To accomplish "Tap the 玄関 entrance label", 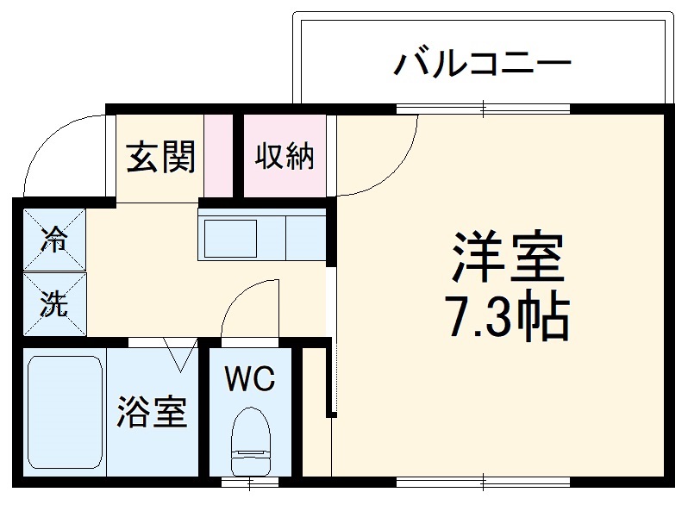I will [x=161, y=157].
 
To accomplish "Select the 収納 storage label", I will [x=284, y=157].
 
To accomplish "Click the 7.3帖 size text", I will [x=508, y=318].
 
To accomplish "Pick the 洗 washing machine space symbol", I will [x=54, y=304].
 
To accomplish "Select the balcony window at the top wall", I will [x=483, y=109].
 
